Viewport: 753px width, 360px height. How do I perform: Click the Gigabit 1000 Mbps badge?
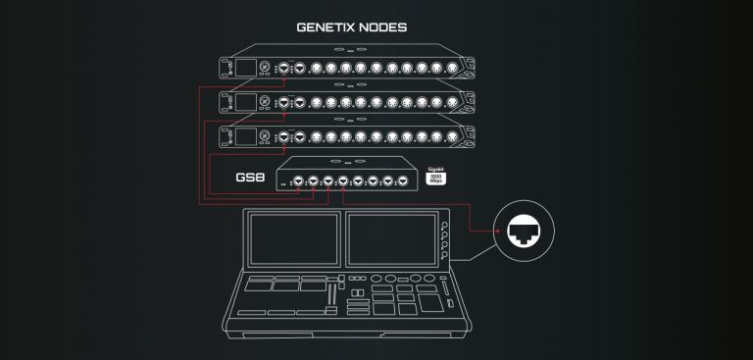coord(437,178)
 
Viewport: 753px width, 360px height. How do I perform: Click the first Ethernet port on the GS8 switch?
coord(297,181)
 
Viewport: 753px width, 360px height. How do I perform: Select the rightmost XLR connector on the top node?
coord(453,68)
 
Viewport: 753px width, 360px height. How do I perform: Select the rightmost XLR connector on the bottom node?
coord(453,135)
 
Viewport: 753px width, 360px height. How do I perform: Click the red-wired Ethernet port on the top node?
coord(284,68)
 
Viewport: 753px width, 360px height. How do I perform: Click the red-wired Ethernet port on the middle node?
coord(284,102)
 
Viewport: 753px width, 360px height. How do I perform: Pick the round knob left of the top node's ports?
coord(264,68)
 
